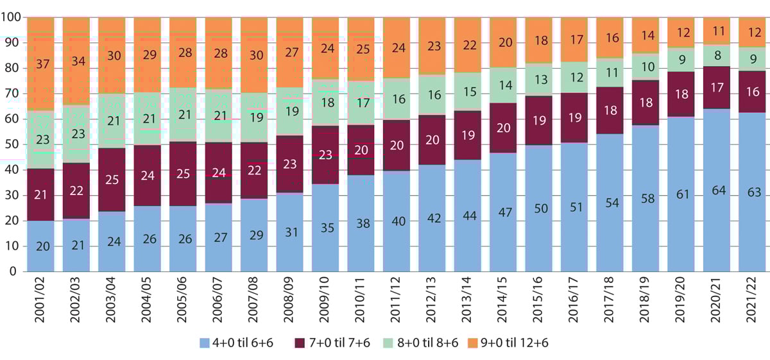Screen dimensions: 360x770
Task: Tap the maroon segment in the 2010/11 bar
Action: click(361, 150)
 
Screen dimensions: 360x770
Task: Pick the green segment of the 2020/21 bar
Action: click(717, 55)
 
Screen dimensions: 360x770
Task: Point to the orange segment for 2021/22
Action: click(753, 32)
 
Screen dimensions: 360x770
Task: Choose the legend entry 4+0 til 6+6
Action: click(237, 343)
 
